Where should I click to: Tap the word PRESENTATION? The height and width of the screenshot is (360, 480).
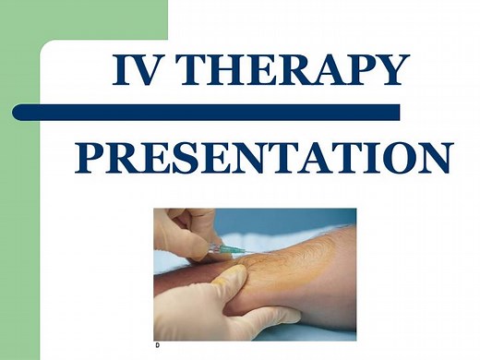click(x=262, y=159)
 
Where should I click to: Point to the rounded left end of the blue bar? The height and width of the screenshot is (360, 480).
click(x=19, y=112)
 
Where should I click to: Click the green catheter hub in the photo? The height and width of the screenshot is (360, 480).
click(x=221, y=249)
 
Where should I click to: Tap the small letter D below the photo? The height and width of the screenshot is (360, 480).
click(x=157, y=344)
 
